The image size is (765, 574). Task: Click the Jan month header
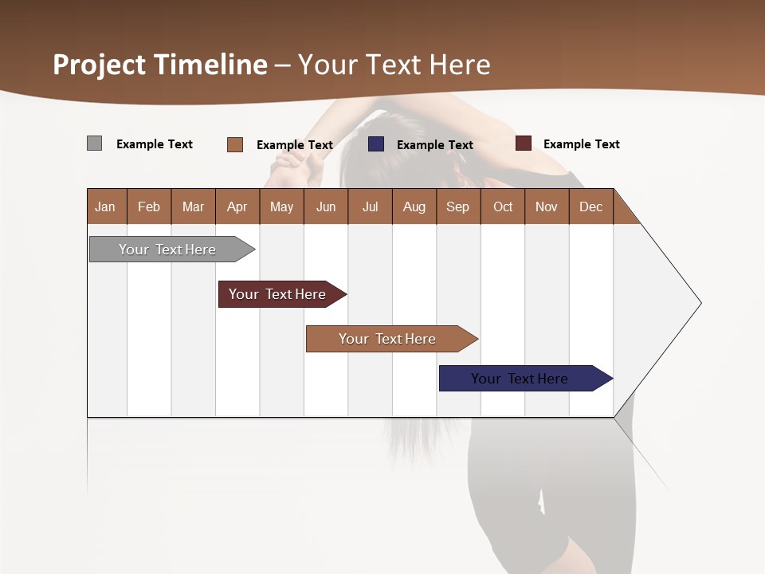point(106,206)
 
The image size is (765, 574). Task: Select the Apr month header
point(237,206)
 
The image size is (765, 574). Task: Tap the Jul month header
point(370,206)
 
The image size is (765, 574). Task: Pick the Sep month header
point(458,206)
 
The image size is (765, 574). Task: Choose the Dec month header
point(590,206)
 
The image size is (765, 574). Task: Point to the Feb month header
point(149,206)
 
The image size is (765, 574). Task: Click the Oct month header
point(503,206)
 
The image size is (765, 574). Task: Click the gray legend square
point(94,143)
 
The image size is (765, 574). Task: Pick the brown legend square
point(234,144)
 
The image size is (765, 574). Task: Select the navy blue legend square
point(375,144)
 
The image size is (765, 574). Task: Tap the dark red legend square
point(523,143)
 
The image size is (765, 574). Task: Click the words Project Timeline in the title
point(160,65)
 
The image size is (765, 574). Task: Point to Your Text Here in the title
point(394,65)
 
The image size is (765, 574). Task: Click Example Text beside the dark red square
point(581,144)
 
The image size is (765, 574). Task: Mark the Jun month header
point(326,206)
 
